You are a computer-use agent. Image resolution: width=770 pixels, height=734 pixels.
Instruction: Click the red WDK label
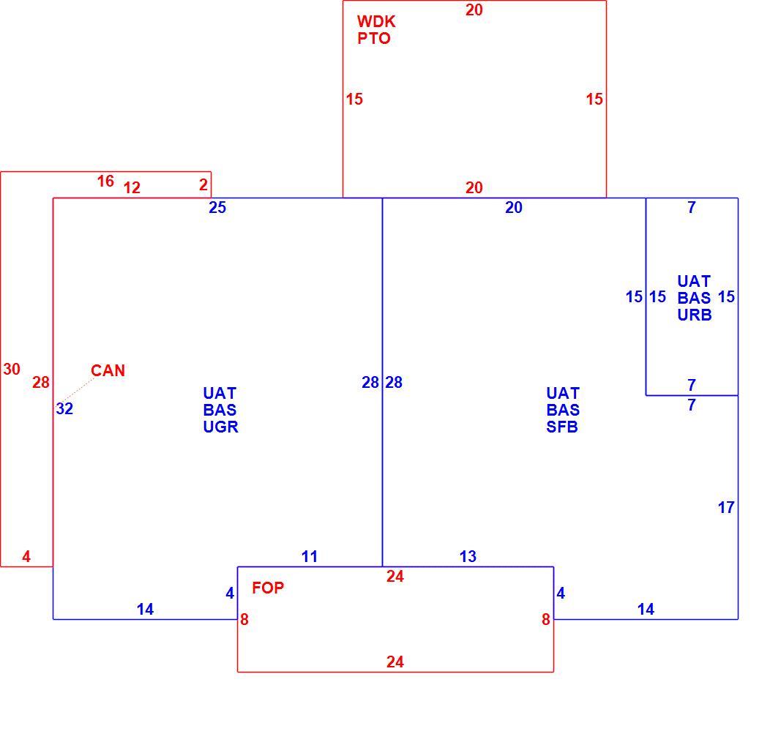click(376, 22)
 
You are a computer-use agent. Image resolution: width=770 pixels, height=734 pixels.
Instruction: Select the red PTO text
click(374, 38)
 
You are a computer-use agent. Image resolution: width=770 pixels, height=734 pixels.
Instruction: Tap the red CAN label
click(108, 370)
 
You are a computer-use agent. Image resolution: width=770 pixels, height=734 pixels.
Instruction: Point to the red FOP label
click(268, 588)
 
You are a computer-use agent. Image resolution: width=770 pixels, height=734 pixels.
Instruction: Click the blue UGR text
click(220, 427)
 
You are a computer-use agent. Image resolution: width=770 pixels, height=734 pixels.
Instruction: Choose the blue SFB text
click(562, 427)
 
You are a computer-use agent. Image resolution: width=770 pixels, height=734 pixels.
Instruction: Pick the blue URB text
click(695, 315)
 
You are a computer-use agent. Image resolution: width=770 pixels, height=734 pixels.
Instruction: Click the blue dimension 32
click(64, 408)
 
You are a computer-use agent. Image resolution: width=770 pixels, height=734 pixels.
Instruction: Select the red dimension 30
click(12, 370)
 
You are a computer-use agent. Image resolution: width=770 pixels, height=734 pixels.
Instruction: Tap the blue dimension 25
click(217, 207)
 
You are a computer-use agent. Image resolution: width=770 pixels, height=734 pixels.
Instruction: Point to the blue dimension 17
click(726, 507)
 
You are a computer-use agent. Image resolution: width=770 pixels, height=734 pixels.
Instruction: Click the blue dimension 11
click(310, 556)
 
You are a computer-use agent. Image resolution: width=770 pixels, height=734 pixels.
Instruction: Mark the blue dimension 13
click(468, 556)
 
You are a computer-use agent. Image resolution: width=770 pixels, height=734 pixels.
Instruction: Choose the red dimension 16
click(105, 181)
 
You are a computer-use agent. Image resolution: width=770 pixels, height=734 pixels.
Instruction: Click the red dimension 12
click(132, 187)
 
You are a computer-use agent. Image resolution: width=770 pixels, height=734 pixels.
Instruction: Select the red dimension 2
click(203, 184)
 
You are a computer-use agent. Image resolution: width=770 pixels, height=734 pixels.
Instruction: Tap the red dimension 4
click(26, 556)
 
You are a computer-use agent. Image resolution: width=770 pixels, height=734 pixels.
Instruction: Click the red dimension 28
click(41, 382)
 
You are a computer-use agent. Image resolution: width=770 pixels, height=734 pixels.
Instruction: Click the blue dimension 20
click(514, 207)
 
